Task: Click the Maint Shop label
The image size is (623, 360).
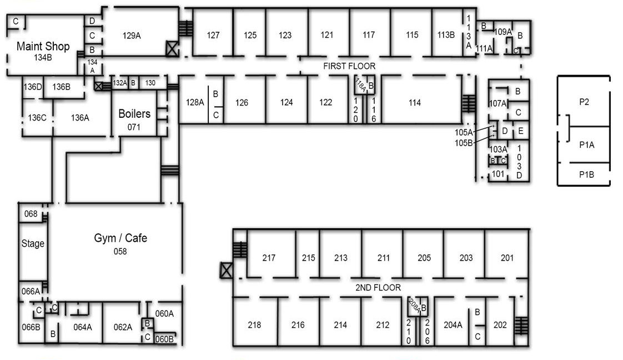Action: click(x=43, y=46)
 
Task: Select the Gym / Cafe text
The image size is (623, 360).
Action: click(x=120, y=238)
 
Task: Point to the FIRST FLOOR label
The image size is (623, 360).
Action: click(x=349, y=66)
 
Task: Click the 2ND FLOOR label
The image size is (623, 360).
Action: click(x=378, y=288)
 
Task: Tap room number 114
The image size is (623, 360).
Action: click(x=414, y=103)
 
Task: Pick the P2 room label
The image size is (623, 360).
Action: click(x=584, y=102)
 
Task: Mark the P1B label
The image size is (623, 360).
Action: click(x=586, y=174)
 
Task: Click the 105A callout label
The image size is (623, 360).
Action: click(x=464, y=132)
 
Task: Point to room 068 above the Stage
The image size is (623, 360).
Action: click(x=31, y=214)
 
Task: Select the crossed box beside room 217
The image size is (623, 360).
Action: click(x=226, y=271)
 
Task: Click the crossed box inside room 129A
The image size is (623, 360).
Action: click(x=172, y=48)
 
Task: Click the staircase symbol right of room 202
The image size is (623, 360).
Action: click(x=521, y=326)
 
